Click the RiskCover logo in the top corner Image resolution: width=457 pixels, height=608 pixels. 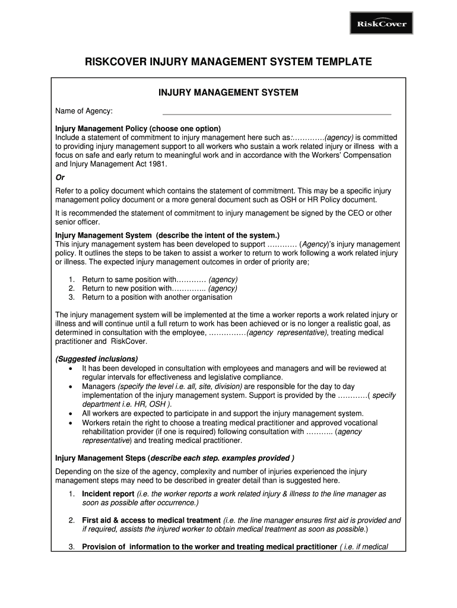click(x=381, y=24)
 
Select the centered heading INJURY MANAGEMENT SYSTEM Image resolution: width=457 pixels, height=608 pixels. click(x=228, y=93)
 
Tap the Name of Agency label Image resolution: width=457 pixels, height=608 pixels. click(x=84, y=111)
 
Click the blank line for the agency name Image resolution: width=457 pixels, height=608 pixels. click(x=277, y=113)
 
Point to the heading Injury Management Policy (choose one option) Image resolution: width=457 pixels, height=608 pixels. click(x=138, y=129)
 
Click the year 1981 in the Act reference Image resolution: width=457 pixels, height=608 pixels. click(x=156, y=164)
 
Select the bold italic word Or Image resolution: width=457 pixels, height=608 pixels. click(x=60, y=178)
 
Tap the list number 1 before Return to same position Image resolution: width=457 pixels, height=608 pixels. click(x=71, y=280)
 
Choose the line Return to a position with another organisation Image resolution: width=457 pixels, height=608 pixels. click(x=157, y=297)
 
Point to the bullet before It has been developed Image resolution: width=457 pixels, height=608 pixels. click(x=71, y=368)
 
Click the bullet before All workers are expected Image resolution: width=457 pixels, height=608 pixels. click(x=71, y=413)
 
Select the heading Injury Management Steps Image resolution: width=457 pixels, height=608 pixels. click(x=101, y=458)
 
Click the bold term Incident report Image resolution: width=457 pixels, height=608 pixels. click(x=108, y=494)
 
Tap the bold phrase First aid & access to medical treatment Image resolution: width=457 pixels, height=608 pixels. click(x=151, y=520)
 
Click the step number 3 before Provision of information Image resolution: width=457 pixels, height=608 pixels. click(x=71, y=547)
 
